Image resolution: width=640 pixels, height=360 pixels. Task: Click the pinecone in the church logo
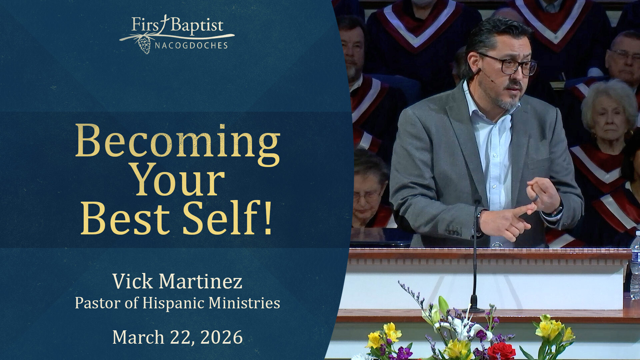click(x=144, y=45)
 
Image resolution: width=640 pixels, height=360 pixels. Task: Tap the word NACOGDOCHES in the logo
click(x=191, y=45)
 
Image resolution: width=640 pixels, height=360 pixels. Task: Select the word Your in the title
click(x=178, y=180)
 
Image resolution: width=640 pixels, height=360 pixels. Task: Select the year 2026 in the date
click(x=221, y=337)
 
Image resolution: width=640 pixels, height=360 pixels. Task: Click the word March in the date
click(x=138, y=337)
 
